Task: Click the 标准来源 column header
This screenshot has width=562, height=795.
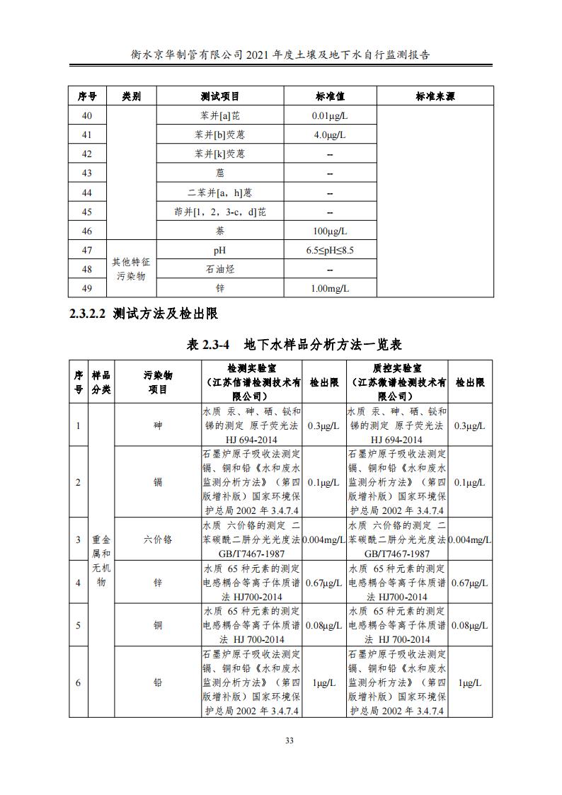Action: tap(435, 96)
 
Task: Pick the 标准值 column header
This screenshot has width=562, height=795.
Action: tap(330, 96)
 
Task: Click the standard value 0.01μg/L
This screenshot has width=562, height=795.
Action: tap(330, 115)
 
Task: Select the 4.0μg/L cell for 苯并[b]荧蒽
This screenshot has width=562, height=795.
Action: tap(330, 135)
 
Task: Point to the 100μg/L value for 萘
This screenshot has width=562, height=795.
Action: tap(330, 231)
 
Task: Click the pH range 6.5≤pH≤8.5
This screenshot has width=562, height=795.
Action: tap(330, 250)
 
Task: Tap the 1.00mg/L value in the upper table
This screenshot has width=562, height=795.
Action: tap(330, 288)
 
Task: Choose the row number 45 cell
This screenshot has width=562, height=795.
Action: tap(87, 212)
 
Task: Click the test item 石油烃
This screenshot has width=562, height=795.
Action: tap(219, 269)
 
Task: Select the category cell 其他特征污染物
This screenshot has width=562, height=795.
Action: tap(131, 269)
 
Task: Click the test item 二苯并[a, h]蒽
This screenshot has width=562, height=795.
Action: tap(219, 193)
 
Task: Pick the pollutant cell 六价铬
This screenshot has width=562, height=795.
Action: tap(157, 539)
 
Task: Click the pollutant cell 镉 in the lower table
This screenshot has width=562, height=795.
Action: tap(157, 482)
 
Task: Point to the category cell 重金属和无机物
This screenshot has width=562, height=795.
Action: tap(101, 560)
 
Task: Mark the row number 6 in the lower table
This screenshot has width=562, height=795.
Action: tap(78, 682)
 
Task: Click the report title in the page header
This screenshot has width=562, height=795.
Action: tap(281, 54)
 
